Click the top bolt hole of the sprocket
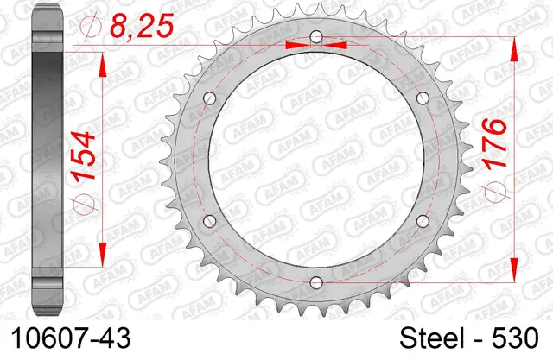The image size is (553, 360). pos(316,36)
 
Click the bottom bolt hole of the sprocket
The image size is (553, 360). pos(316,282)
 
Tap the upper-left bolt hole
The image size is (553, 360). pos(210,98)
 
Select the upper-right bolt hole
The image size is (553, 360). pos(423,98)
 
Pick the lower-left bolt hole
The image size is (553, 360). pos(210,221)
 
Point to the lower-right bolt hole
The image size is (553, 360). pos(423,221)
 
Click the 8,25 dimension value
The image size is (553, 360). pos(142,26)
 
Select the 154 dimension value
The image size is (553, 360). pos(84,156)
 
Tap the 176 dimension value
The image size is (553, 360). pos(494,143)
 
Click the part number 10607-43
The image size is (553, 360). pos(71,338)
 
